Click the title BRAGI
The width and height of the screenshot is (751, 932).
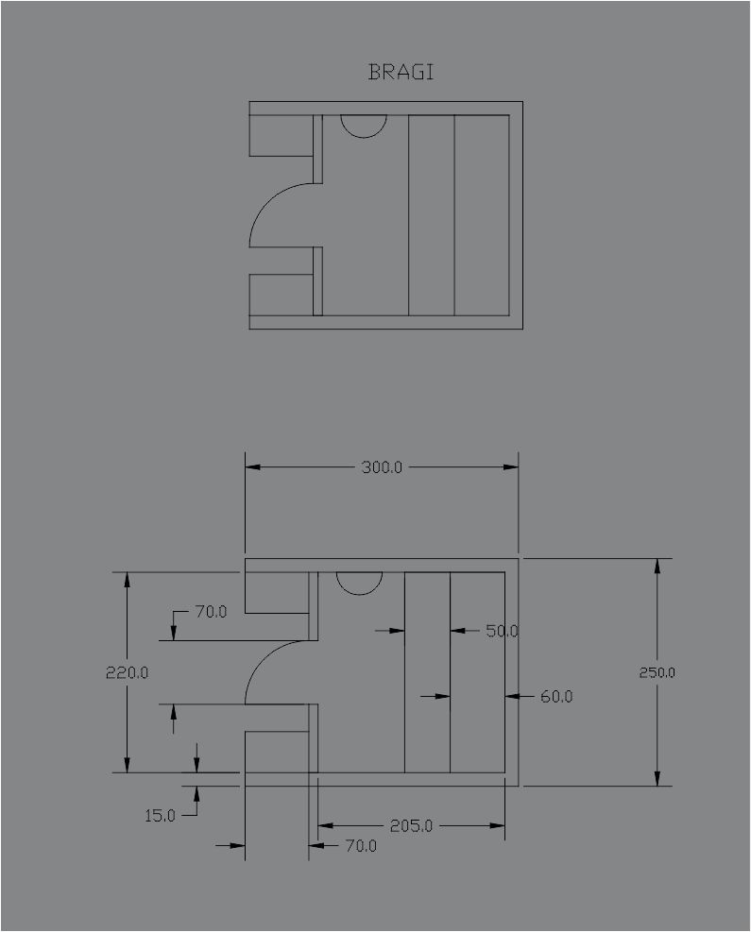point(401,72)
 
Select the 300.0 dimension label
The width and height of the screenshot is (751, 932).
point(382,467)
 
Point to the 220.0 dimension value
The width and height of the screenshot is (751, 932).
point(127,672)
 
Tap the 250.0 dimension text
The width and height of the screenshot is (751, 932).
point(657,672)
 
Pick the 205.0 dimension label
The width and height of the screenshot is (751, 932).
point(411,825)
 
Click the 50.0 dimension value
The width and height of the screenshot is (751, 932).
point(502,631)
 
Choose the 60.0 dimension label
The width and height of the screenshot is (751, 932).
point(556,696)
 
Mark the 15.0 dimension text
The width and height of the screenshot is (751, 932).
point(160,816)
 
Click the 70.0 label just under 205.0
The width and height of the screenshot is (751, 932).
point(361,845)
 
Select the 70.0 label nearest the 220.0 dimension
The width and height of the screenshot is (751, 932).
point(211,611)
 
